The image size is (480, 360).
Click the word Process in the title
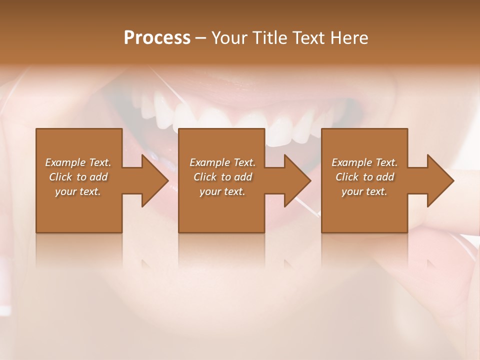point(157,38)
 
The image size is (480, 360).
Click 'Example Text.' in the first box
point(78,162)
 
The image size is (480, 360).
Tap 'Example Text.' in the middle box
point(222,162)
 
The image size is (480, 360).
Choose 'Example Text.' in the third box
point(364,162)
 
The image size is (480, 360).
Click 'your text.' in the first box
point(78,191)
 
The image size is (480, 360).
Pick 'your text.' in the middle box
point(222,191)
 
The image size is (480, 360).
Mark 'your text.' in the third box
point(364,191)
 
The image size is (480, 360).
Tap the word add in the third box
point(385,177)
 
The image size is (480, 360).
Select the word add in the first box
point(98,177)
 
